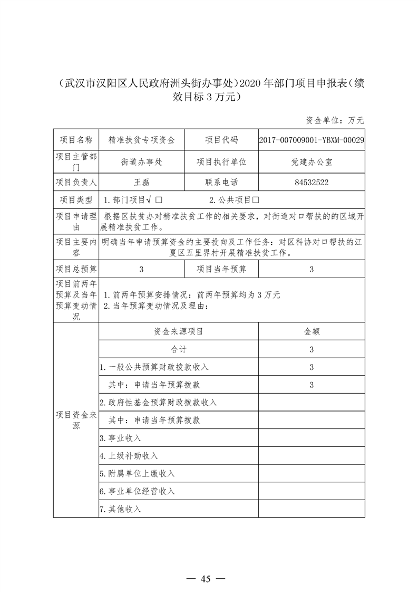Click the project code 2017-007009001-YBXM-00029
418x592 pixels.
pos(312,140)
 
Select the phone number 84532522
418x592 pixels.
pos(312,183)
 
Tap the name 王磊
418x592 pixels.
pos(142,183)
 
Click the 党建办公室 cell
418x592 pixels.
pos(312,162)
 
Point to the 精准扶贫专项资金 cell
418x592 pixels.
pos(142,140)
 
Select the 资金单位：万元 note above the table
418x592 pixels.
pos(335,120)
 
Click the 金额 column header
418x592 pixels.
pos(312,331)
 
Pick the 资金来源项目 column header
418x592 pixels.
pos(178,331)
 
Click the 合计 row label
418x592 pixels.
pos(178,349)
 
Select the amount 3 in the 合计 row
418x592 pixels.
pos(312,349)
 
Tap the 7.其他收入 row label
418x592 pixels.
pos(121,509)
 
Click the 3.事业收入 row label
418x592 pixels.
pos(121,438)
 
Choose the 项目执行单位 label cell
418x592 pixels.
pos(221,162)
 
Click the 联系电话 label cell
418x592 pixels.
pos(221,183)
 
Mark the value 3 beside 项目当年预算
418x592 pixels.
pos(312,269)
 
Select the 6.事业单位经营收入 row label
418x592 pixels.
pos(137,491)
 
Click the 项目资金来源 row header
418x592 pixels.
pos(76,420)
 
